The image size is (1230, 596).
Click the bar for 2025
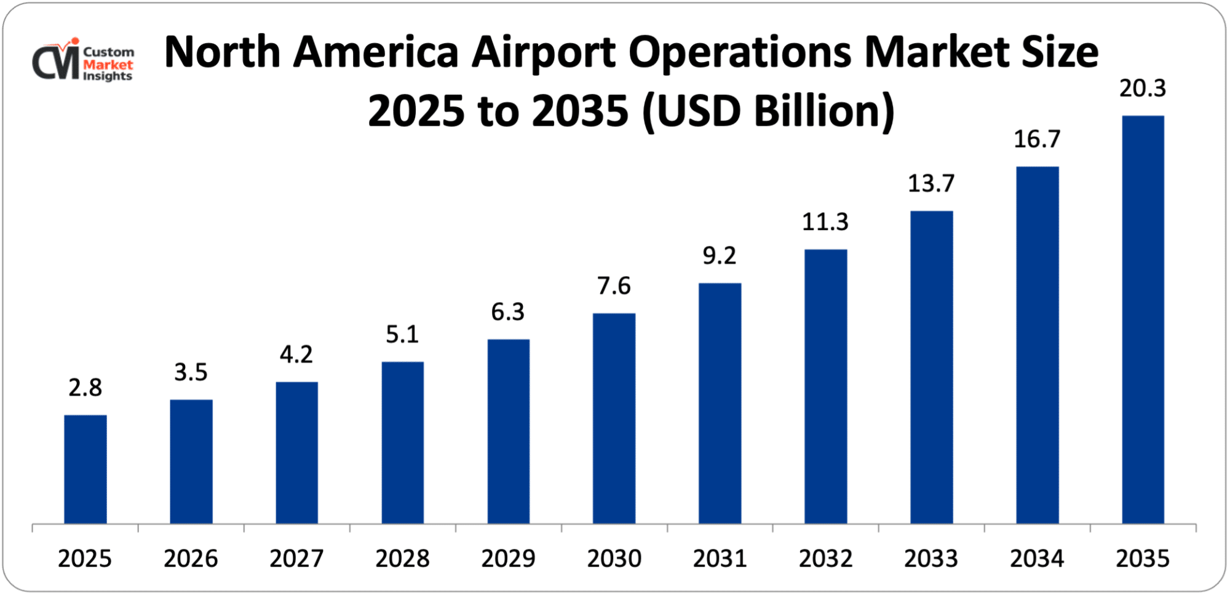[85, 469]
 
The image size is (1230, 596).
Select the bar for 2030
[614, 418]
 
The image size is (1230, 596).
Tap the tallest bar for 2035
[1143, 320]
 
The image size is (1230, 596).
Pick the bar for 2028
[402, 443]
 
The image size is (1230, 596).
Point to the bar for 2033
[931, 367]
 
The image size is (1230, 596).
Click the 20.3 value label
[1143, 89]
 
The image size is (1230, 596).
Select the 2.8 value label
[85, 387]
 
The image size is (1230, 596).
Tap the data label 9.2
[719, 255]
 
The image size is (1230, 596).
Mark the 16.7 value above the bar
[1037, 139]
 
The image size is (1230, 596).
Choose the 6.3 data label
[507, 312]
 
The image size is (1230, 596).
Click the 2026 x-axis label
[191, 558]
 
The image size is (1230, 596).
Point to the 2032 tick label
[825, 558]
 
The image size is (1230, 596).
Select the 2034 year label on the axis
[1037, 558]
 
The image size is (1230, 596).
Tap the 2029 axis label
[508, 558]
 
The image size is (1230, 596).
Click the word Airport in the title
[544, 52]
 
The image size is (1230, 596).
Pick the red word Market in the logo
[108, 65]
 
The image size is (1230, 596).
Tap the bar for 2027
[296, 453]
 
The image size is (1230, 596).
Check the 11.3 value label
[825, 221]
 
